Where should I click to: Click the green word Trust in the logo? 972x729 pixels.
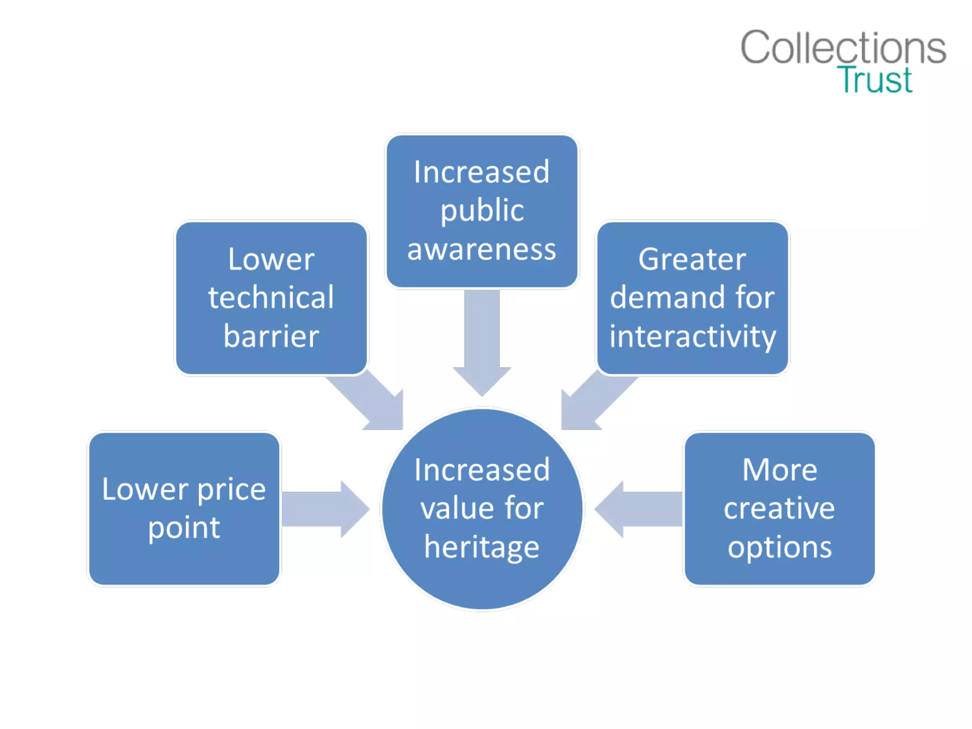point(875,80)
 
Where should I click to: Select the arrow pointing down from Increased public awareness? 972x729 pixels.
point(482,342)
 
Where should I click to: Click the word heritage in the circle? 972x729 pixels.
point(482,547)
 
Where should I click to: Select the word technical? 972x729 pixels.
point(271,298)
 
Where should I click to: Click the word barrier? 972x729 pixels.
point(271,336)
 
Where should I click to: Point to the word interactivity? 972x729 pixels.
point(692,337)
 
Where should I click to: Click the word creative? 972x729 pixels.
point(779,508)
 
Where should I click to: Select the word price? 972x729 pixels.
point(231,490)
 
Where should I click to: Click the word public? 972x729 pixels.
point(482,211)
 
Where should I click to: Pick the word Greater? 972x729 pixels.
point(692,259)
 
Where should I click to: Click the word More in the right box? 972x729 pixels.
point(779,470)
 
